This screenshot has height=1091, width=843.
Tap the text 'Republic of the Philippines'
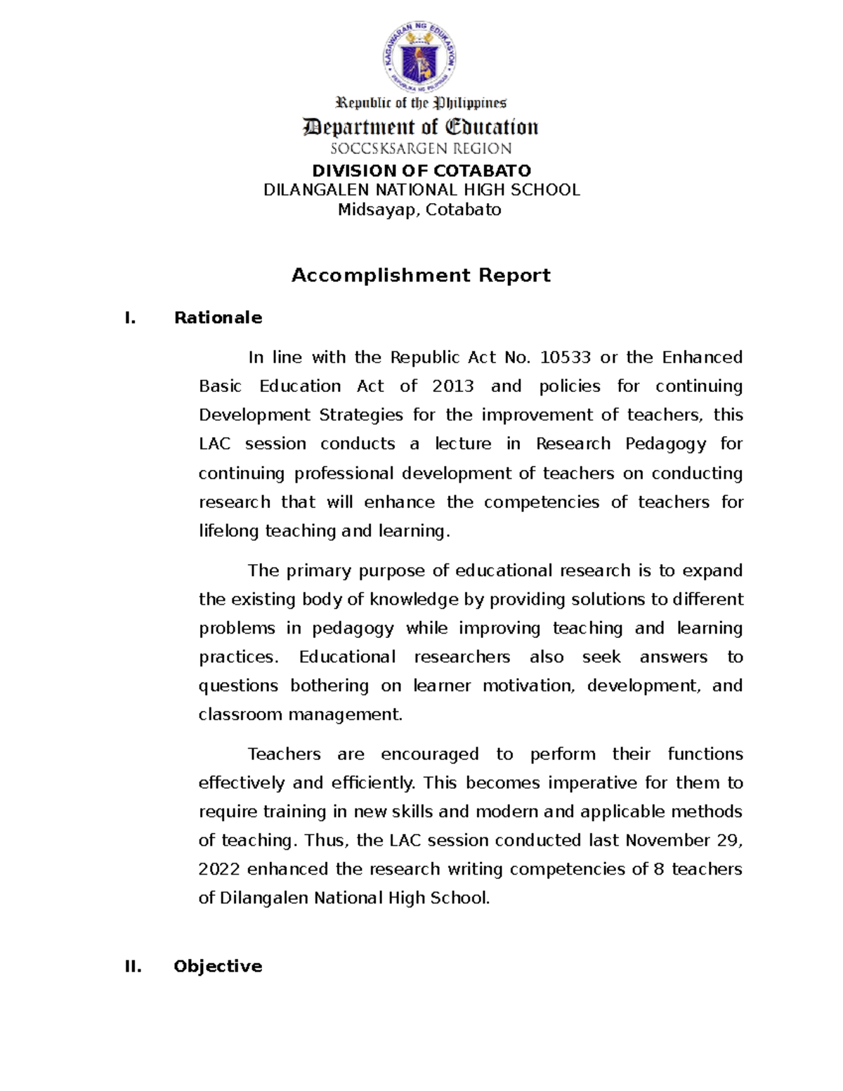click(x=421, y=103)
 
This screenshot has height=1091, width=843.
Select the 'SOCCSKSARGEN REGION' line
click(x=421, y=149)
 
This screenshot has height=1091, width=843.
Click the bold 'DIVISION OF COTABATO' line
click(x=421, y=171)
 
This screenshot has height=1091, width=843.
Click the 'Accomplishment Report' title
click(x=421, y=275)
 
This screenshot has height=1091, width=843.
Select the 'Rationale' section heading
click(x=218, y=318)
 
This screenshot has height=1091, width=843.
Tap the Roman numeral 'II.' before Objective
click(x=133, y=966)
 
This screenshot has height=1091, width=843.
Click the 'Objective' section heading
click(x=218, y=966)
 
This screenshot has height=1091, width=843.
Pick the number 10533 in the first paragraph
click(x=565, y=358)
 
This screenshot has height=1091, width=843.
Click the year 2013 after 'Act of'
click(x=452, y=386)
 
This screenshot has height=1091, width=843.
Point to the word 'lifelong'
click(x=229, y=531)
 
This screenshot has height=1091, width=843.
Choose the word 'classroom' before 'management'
click(x=240, y=715)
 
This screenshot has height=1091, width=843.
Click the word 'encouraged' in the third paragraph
click(x=429, y=754)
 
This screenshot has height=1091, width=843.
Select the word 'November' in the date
click(x=667, y=841)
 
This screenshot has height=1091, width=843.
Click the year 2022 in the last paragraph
click(x=219, y=870)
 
